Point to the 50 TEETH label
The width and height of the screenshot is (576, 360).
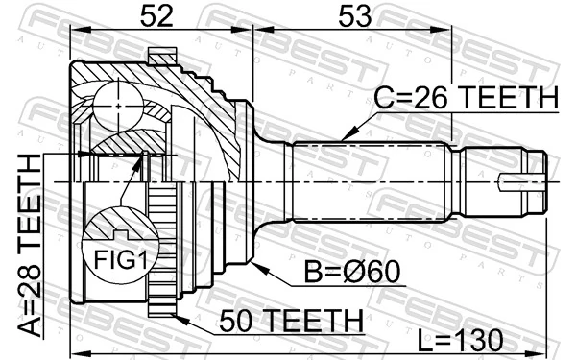290,319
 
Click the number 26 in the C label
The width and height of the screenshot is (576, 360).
430,98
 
